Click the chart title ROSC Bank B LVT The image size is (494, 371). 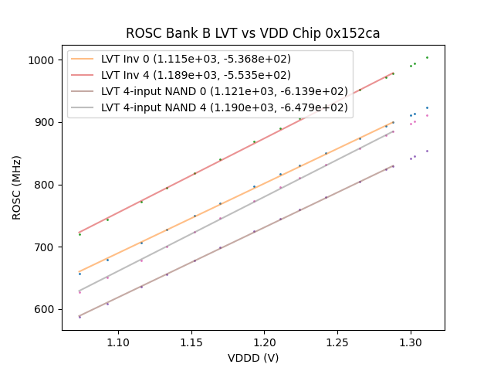(253, 34)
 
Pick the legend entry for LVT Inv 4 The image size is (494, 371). (196, 75)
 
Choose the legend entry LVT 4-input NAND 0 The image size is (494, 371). (225, 91)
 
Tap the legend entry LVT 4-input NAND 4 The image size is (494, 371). (225, 107)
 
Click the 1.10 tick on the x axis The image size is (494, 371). (118, 342)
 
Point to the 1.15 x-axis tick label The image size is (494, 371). (191, 342)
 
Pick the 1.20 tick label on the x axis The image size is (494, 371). (265, 342)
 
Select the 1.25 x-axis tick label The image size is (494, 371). (337, 342)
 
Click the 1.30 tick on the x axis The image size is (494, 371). (411, 342)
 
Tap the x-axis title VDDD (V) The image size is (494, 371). (253, 358)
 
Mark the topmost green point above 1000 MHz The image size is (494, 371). (427, 57)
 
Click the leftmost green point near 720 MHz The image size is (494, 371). (80, 234)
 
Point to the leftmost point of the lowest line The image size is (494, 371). (80, 317)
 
